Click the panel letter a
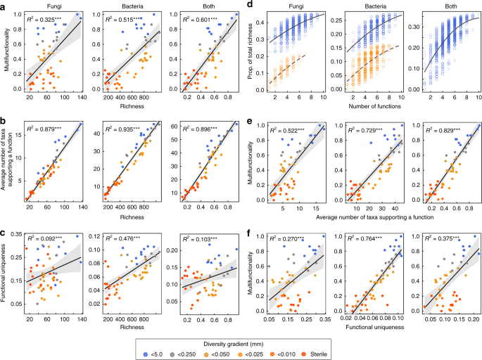[5, 6]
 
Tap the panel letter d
[249, 6]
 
